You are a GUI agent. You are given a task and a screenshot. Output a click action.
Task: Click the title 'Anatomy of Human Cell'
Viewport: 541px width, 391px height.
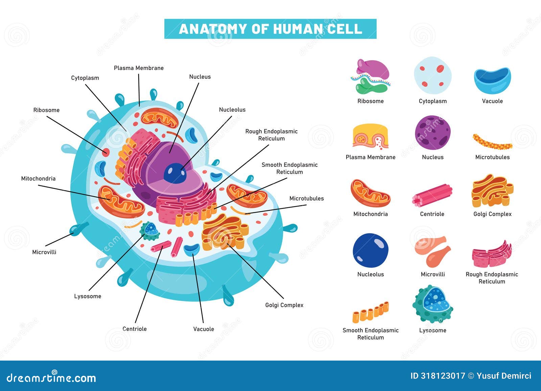270,29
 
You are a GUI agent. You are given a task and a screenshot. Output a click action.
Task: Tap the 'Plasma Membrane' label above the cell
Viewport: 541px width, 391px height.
139,68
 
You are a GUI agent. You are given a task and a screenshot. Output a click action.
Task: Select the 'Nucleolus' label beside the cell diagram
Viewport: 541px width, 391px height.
232,110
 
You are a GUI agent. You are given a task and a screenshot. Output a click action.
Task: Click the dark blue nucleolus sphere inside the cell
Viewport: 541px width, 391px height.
175,173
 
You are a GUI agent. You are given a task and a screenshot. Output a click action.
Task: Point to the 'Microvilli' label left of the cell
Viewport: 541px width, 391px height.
44,252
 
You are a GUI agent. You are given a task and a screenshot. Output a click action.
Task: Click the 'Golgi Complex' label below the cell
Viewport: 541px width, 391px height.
284,305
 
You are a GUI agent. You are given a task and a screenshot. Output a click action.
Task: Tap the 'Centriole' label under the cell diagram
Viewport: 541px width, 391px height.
135,329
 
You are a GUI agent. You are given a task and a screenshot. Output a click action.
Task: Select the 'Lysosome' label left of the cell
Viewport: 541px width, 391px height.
88,296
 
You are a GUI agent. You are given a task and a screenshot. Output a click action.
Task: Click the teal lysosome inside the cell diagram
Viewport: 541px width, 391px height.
150,231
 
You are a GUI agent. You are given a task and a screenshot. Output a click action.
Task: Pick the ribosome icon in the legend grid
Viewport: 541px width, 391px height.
371,76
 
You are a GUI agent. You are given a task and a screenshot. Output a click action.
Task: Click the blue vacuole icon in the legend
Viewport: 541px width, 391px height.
492,80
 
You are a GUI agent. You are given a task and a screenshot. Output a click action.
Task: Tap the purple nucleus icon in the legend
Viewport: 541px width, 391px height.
432,133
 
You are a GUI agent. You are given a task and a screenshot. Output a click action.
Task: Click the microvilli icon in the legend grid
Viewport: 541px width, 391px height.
432,251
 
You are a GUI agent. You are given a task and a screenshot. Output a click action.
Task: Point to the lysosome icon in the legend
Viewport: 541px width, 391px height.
432,304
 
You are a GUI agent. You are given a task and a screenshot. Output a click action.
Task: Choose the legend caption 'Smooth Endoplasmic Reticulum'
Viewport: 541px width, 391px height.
371,334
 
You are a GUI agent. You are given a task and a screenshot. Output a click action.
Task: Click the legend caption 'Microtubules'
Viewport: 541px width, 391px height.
492,157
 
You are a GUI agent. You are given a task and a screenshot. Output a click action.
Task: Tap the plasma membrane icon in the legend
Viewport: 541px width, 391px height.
371,137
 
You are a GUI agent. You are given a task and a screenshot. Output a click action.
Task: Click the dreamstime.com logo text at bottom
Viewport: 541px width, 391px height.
51,378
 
